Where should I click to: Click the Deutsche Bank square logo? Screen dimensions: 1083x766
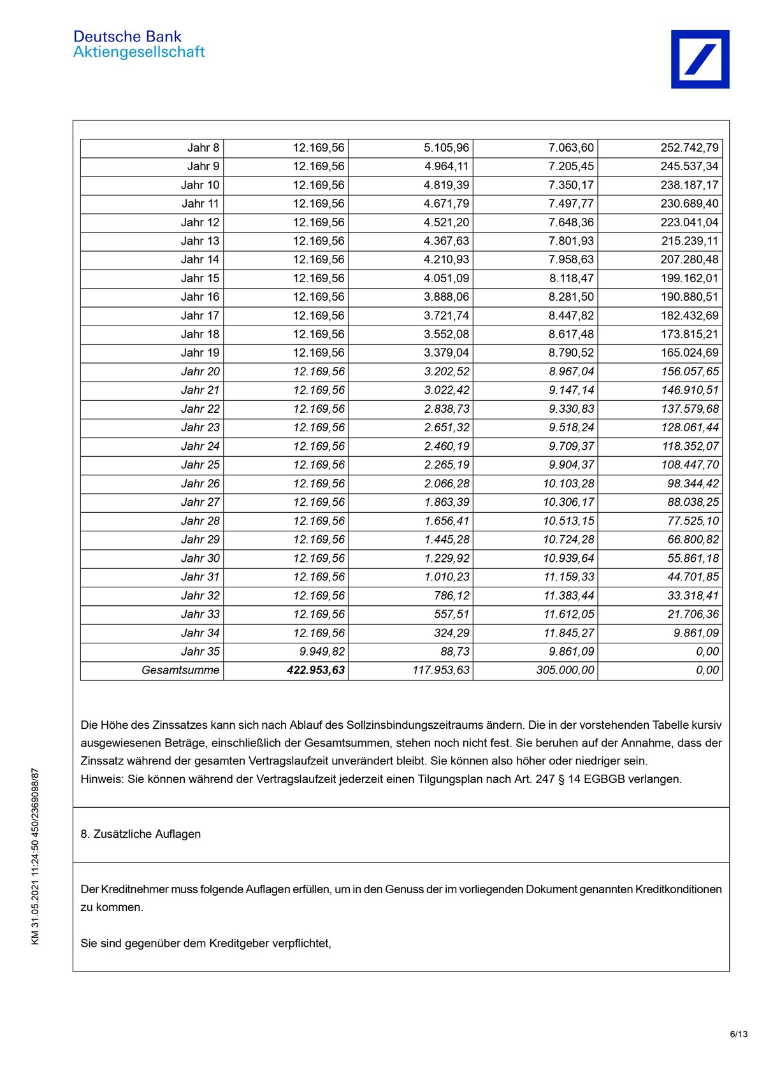click(700, 59)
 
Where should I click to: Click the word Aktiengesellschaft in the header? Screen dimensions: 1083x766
click(139, 52)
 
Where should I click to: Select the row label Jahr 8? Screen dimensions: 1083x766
click(203, 148)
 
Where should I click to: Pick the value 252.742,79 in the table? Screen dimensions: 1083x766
click(690, 148)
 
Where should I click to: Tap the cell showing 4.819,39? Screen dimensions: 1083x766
click(446, 185)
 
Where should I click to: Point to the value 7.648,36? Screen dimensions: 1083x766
click(571, 222)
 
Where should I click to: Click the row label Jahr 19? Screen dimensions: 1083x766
click(200, 353)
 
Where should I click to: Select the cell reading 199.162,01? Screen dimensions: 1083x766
click(690, 278)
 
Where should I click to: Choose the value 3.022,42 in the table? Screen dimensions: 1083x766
click(447, 390)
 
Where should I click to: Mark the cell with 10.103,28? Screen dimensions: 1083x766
click(568, 484)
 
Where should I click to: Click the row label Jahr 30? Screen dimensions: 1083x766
click(200, 558)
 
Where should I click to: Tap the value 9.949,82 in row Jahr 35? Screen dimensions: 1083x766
click(322, 652)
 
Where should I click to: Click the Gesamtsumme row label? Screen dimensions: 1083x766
click(180, 670)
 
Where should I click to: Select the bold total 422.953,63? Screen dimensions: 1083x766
click(315, 670)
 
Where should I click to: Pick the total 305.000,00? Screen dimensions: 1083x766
click(565, 670)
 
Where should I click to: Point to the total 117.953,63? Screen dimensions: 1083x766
click(441, 670)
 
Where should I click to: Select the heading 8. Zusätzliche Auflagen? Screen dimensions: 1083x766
click(141, 835)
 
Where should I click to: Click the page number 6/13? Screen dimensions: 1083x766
click(739, 1034)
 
